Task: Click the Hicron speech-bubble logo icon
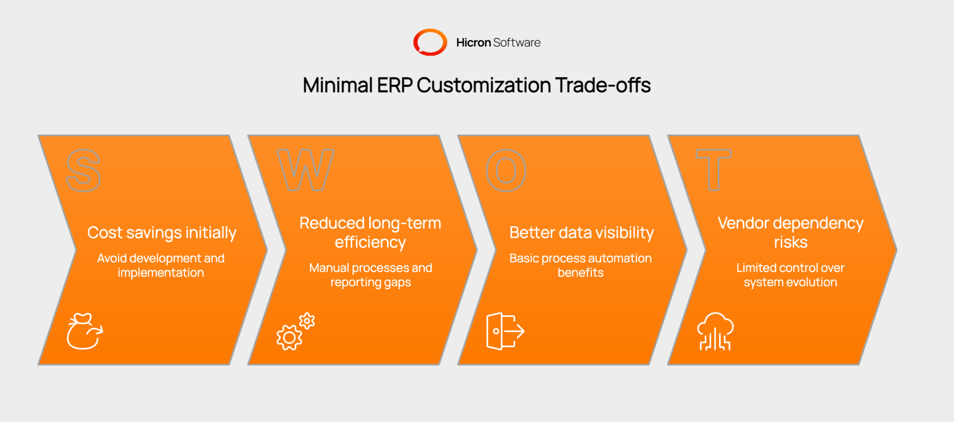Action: pyautogui.click(x=430, y=42)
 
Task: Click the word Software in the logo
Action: pyautogui.click(x=517, y=42)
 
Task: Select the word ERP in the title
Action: pyautogui.click(x=394, y=85)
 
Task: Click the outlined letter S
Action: pyautogui.click(x=83, y=171)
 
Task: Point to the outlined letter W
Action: pyautogui.click(x=305, y=170)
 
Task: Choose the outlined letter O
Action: pyautogui.click(x=506, y=171)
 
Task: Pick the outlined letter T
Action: pyautogui.click(x=713, y=170)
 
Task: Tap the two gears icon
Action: pyautogui.click(x=295, y=332)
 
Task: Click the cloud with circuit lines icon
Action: pyautogui.click(x=715, y=332)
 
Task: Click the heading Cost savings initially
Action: pyautogui.click(x=162, y=233)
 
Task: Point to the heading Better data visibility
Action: pyautogui.click(x=581, y=233)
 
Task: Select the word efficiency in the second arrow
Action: pyautogui.click(x=370, y=242)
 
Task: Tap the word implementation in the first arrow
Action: pyautogui.click(x=161, y=273)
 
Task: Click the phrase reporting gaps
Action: pyautogui.click(x=371, y=283)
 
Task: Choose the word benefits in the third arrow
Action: pyautogui.click(x=580, y=273)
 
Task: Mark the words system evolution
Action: pyautogui.click(x=790, y=283)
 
